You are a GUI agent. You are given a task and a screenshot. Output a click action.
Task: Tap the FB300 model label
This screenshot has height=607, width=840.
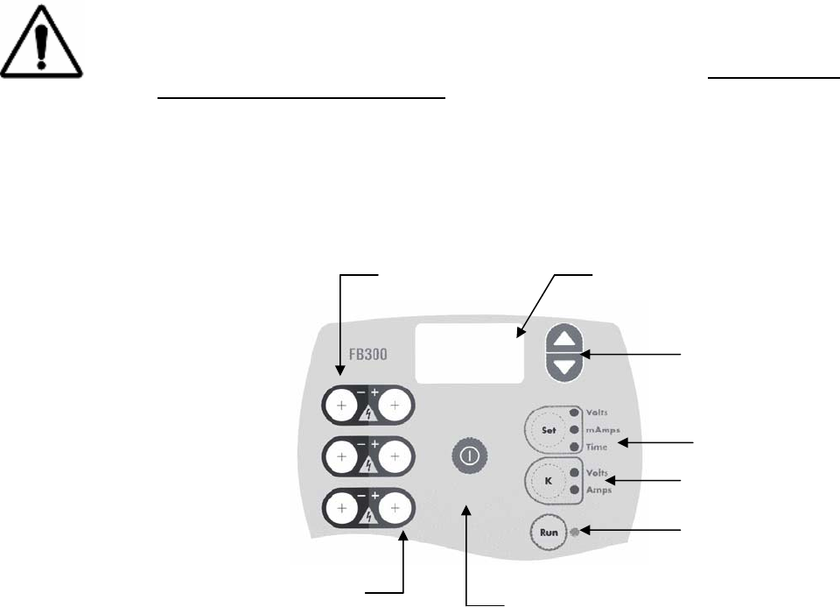pos(367,356)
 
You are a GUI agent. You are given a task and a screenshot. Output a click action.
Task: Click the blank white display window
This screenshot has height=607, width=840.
pos(471,352)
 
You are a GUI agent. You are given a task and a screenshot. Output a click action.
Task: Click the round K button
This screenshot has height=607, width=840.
pos(548,480)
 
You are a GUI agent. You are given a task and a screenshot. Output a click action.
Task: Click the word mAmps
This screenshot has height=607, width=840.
pos(605,430)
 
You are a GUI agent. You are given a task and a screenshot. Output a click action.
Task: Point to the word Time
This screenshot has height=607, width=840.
pos(601,448)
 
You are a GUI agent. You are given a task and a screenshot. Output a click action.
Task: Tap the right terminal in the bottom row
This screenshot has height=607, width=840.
pos(395,507)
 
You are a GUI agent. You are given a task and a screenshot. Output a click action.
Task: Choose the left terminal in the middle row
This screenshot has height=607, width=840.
pos(341,456)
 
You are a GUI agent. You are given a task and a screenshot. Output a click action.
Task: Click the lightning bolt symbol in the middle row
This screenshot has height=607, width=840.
pos(368,465)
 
